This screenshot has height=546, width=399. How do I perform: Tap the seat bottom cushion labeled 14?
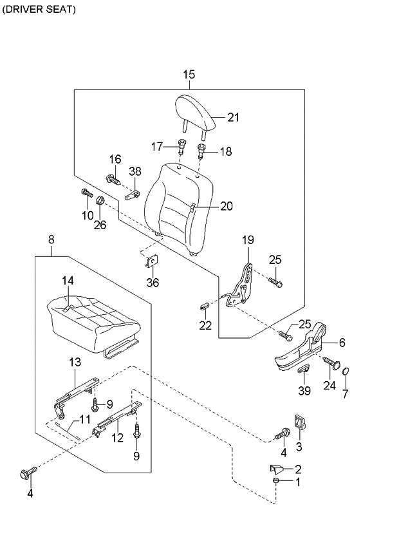(90, 319)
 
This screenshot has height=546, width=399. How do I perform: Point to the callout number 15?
(189, 75)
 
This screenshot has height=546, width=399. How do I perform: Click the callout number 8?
(51, 240)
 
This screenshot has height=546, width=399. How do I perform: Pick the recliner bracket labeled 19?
(243, 283)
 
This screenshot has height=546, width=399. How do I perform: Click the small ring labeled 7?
(346, 372)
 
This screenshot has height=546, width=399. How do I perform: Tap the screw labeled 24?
(332, 364)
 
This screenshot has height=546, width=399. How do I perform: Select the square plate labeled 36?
(154, 261)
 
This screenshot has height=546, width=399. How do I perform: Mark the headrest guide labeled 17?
(181, 146)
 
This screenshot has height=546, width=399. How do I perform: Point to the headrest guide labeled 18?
(201, 152)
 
